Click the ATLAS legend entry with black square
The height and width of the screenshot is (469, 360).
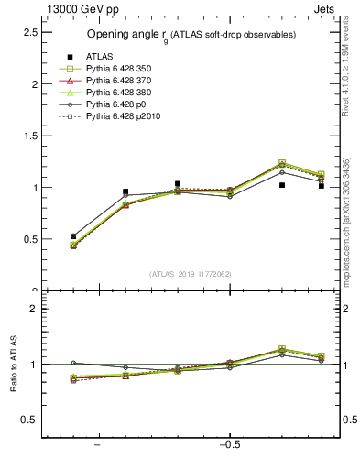click(99, 57)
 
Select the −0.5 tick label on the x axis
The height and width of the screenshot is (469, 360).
click(228, 445)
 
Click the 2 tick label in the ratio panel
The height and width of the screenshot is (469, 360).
click(34, 309)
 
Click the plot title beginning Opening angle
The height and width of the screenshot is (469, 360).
click(191, 35)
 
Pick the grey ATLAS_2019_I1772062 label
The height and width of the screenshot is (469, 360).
click(191, 274)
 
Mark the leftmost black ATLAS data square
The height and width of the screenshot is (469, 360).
click(73, 236)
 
